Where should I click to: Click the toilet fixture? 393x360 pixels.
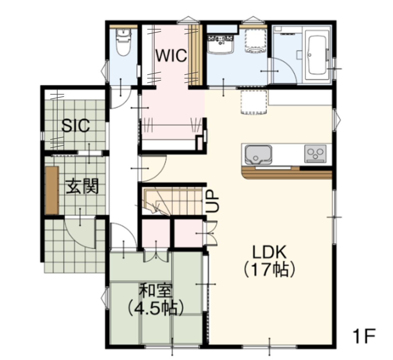[x=123, y=42]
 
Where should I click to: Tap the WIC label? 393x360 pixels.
[x=171, y=56]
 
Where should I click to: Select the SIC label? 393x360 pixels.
[x=76, y=126]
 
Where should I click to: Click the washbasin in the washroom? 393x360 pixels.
[x=220, y=45]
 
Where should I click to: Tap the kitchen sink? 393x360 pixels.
[x=259, y=155]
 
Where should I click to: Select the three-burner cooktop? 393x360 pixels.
[x=315, y=154]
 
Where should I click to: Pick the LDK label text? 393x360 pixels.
[x=269, y=252]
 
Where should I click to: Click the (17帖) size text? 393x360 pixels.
[x=269, y=270]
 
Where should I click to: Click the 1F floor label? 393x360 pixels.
[x=364, y=336]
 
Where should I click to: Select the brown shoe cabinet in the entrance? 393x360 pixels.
[x=52, y=190]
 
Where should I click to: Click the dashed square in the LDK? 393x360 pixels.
[x=254, y=103]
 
